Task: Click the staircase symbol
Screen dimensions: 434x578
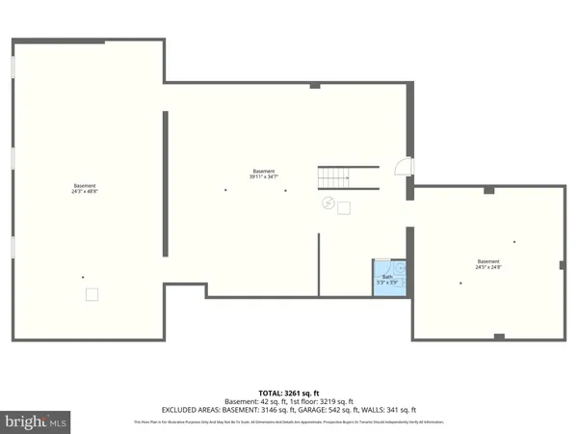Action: pyautogui.click(x=333, y=177)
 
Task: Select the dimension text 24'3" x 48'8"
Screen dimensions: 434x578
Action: pyautogui.click(x=85, y=192)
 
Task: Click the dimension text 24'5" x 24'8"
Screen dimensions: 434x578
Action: pyautogui.click(x=489, y=267)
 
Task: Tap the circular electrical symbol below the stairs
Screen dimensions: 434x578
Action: pyautogui.click(x=328, y=203)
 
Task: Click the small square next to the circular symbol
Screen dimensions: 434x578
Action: pyautogui.click(x=343, y=207)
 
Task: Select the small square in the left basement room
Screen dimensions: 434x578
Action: pyautogui.click(x=92, y=295)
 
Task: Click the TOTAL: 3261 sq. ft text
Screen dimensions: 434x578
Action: pyautogui.click(x=288, y=393)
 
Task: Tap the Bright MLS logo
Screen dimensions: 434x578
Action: pyautogui.click(x=36, y=420)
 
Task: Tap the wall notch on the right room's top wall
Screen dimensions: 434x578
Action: pyautogui.click(x=488, y=190)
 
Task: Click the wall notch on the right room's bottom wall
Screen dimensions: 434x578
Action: pyautogui.click(x=498, y=336)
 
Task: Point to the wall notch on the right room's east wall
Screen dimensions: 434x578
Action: pyautogui.click(x=562, y=264)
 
